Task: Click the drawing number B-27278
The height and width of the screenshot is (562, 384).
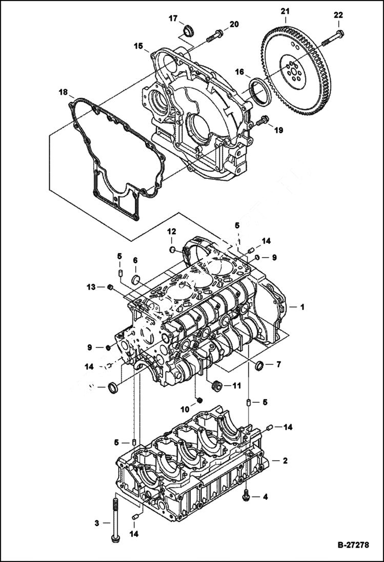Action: (353, 545)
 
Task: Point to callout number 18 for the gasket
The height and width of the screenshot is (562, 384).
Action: (63, 92)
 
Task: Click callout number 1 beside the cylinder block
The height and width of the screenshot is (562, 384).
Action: (302, 307)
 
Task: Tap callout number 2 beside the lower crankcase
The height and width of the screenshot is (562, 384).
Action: (285, 461)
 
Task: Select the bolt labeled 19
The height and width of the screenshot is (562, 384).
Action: (262, 121)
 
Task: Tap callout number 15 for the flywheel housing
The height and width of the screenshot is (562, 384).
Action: (138, 46)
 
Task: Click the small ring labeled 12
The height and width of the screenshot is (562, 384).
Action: (173, 249)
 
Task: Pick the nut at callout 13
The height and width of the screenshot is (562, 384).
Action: (110, 287)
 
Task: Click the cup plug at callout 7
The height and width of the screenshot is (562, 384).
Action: (259, 366)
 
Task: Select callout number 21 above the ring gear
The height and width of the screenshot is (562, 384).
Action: (286, 11)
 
